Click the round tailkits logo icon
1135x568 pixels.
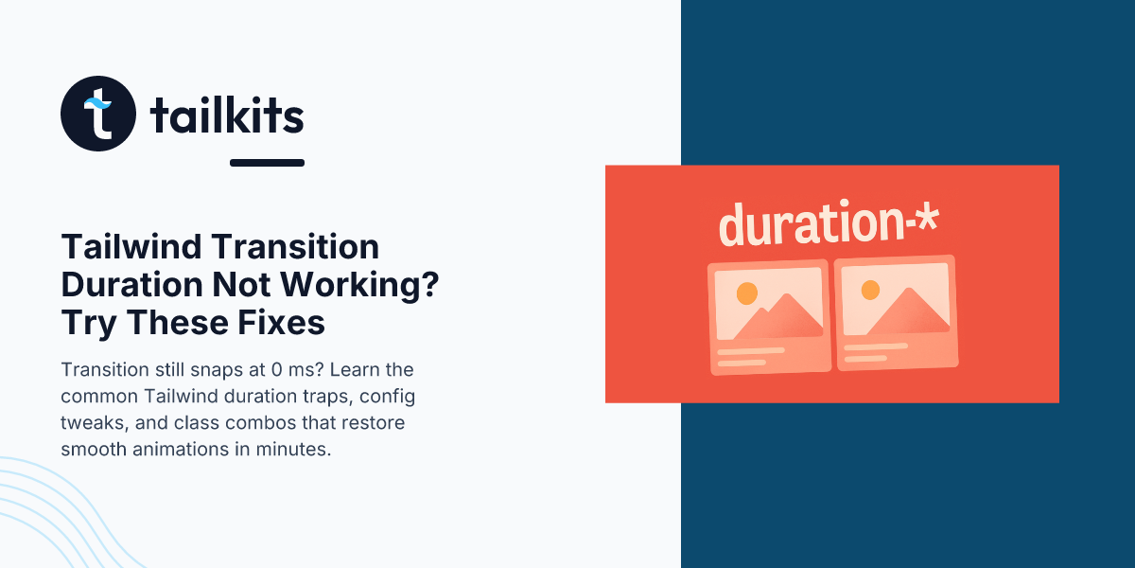(98, 114)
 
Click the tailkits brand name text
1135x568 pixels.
(227, 115)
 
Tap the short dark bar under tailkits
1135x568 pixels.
(267, 163)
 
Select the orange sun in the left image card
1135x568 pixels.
(747, 293)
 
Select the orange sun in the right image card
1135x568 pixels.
(870, 290)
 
